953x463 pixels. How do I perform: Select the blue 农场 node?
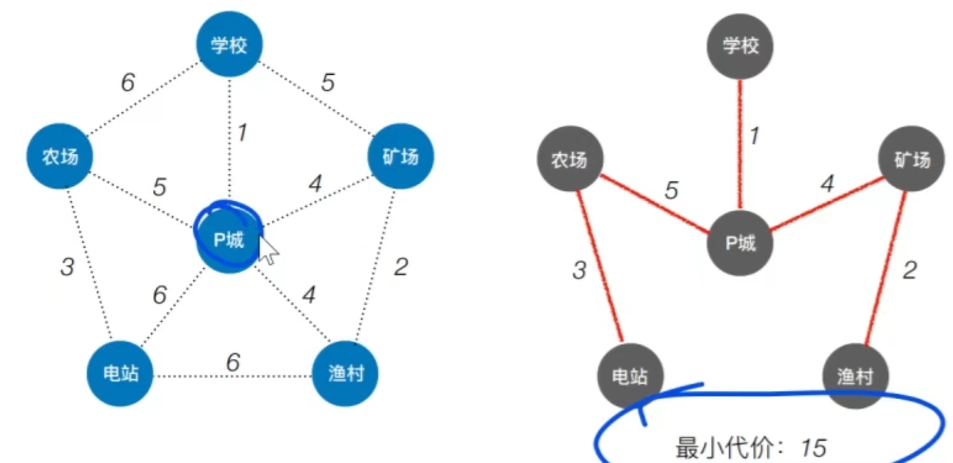tap(60, 157)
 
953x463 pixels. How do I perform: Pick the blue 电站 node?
tap(121, 374)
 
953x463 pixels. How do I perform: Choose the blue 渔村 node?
tap(346, 374)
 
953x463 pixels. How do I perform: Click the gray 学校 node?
tap(741, 46)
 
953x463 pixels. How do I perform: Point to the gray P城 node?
tap(740, 243)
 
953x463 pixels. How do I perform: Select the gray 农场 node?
tap(569, 160)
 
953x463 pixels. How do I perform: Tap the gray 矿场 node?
tap(912, 160)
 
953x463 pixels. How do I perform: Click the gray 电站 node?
tap(630, 377)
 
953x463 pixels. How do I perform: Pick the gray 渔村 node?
tap(855, 377)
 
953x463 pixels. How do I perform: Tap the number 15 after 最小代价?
tap(813, 448)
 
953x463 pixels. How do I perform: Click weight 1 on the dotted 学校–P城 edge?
tap(241, 133)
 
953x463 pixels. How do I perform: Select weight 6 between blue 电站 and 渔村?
tap(233, 362)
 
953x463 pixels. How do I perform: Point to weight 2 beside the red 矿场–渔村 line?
tap(910, 269)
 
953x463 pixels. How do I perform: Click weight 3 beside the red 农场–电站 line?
tap(579, 270)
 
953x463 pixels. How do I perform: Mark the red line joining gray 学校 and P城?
tap(739, 144)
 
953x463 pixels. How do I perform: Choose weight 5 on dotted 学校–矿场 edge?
tap(327, 83)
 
